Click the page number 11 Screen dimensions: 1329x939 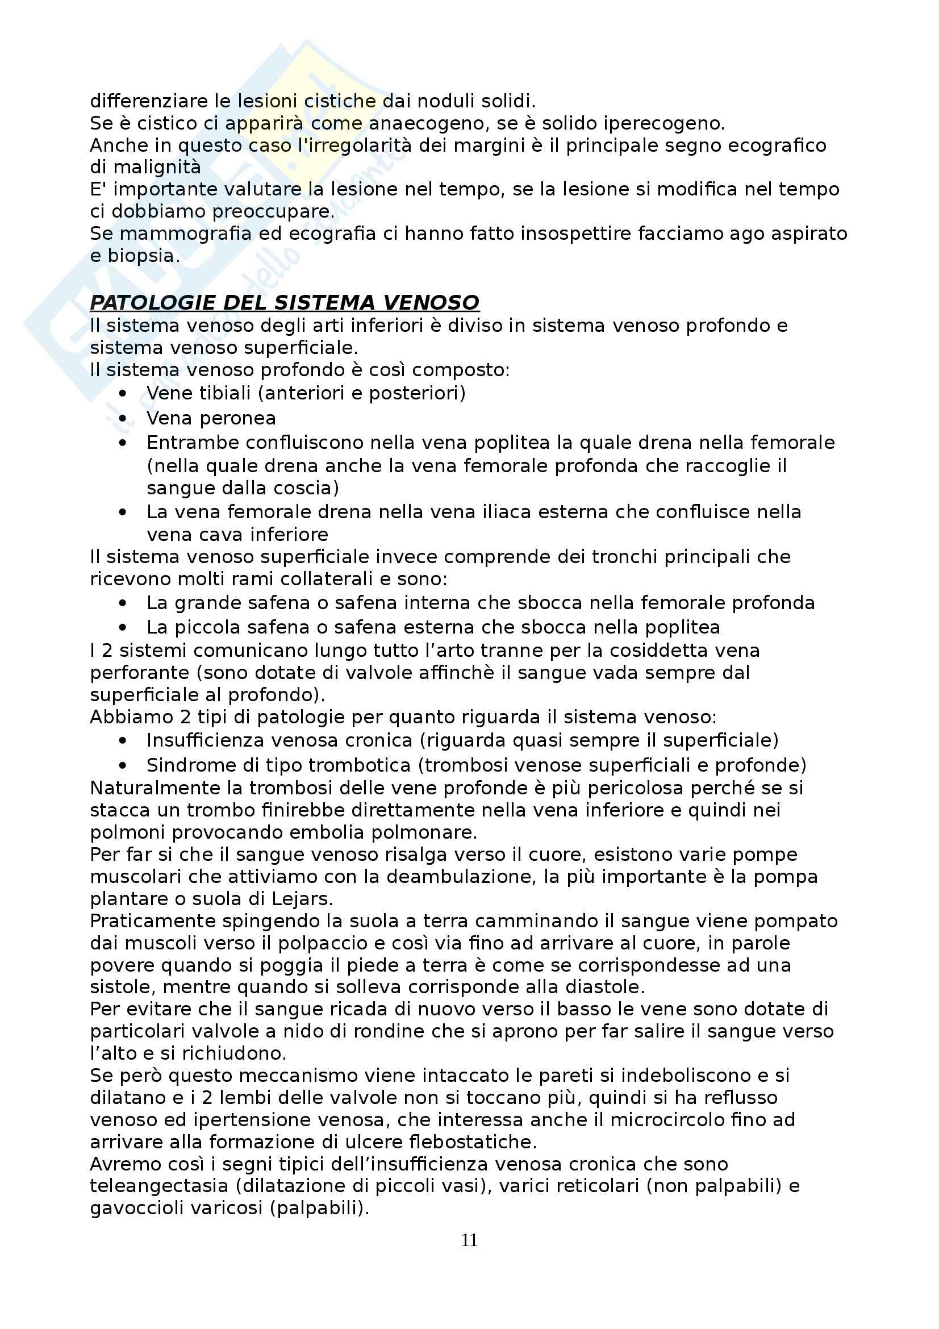pos(469,1240)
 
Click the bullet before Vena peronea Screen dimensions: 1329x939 pos(122,418)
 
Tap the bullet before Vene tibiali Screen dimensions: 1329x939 pos(122,393)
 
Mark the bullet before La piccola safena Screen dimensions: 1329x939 pos(122,627)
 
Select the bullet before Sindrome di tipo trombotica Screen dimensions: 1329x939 pos(122,765)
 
